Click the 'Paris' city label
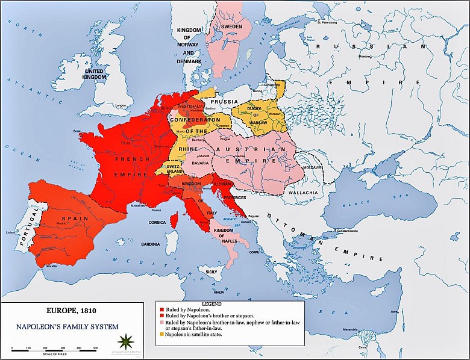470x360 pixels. [x=126, y=143]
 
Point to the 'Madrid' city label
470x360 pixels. [x=61, y=223]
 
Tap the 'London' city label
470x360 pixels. [x=121, y=105]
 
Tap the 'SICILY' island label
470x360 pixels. [x=210, y=272]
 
